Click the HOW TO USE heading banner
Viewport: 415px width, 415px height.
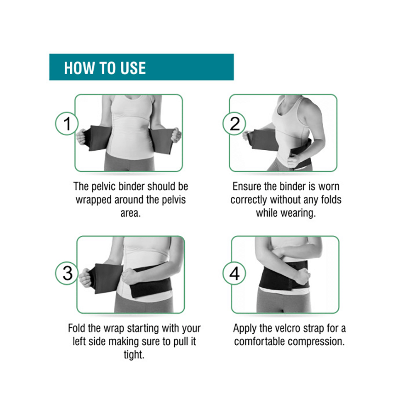tap(141, 67)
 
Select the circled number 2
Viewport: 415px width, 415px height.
tap(235, 123)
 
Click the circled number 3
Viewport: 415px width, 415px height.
tap(67, 273)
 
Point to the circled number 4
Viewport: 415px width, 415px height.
tap(234, 274)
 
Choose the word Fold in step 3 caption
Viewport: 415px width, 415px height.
tap(78, 328)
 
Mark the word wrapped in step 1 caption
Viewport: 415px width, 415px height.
tap(94, 200)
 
